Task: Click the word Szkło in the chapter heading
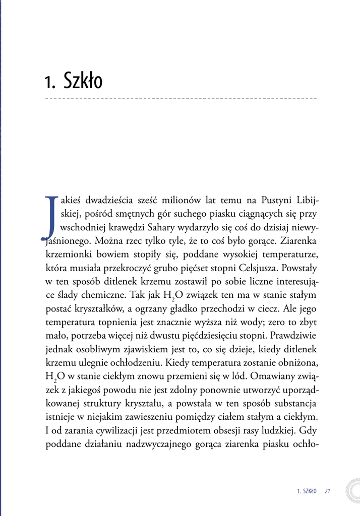pos(83,81)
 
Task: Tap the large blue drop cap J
pos(49,216)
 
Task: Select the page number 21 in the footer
pos(327,491)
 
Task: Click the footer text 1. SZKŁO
pos(307,491)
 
